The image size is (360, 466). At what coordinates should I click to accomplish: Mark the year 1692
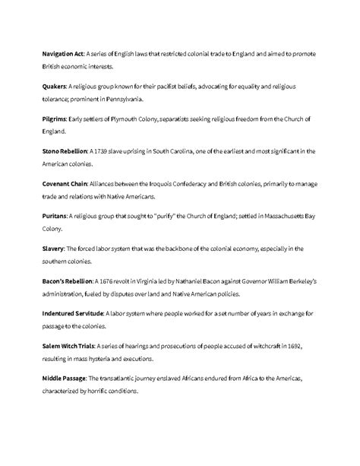(292, 345)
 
